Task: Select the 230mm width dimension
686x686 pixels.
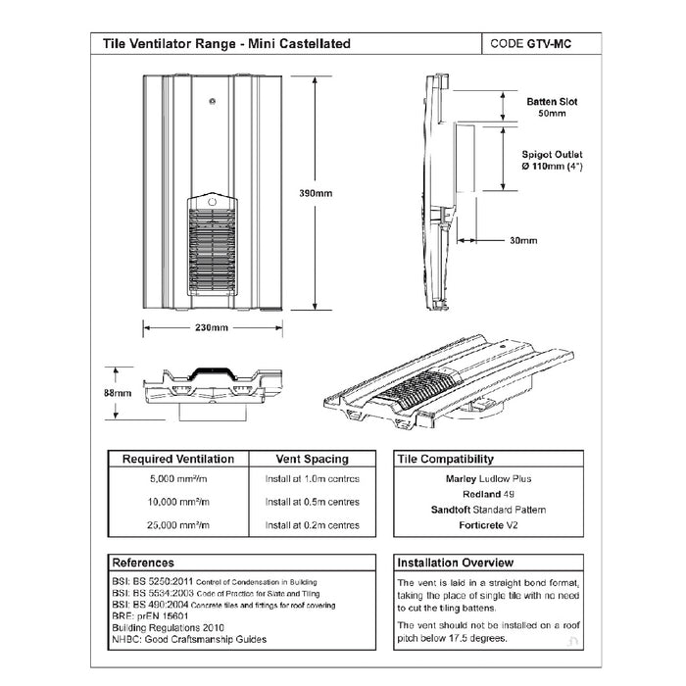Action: tap(211, 326)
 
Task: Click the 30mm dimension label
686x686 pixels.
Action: tap(523, 240)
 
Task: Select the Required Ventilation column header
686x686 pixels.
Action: tap(177, 459)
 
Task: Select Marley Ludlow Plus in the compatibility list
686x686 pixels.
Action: tap(482, 479)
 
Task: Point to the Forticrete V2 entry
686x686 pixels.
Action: tap(482, 525)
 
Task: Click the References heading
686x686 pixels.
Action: tap(144, 563)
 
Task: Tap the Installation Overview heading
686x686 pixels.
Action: tap(455, 563)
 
